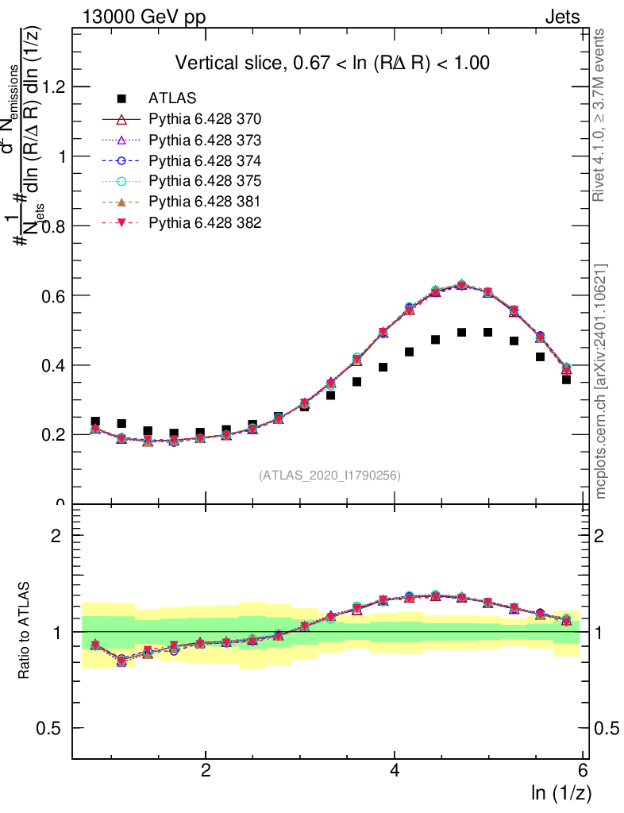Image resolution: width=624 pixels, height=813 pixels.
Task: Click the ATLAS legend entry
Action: [173, 98]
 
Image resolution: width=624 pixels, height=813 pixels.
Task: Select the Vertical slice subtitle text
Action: [332, 63]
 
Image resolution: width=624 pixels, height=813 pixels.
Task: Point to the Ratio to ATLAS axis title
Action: [26, 632]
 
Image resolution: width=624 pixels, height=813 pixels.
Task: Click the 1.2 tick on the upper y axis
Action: [50, 87]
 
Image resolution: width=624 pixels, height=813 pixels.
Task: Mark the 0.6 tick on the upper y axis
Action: [50, 295]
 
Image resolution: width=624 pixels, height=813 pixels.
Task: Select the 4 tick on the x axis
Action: [395, 770]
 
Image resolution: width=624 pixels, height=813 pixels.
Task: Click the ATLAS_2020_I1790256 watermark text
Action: [329, 476]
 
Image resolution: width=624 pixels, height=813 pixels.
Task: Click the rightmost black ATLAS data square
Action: [566, 380]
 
